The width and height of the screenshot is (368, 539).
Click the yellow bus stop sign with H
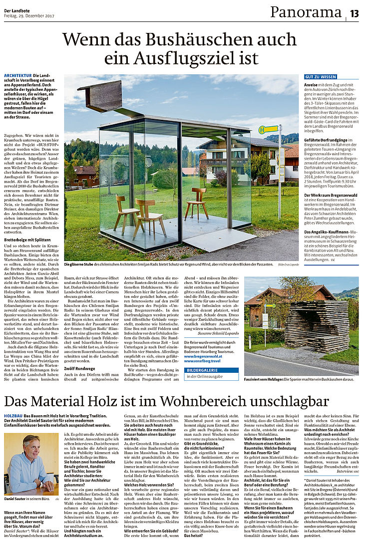268,129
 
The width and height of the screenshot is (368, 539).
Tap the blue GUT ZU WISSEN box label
321,77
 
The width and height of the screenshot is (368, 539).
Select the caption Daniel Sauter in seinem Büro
25,498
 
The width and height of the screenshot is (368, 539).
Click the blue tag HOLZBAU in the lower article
13,415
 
